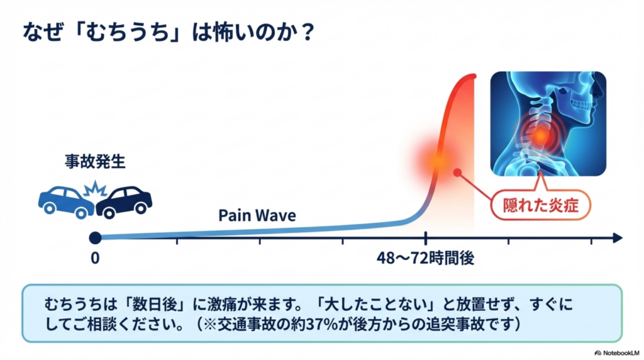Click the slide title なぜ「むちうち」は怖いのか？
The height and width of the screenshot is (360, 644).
point(169,32)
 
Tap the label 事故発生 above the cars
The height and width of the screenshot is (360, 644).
point(95,162)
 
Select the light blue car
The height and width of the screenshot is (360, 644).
point(65,201)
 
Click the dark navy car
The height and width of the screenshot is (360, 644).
point(124,202)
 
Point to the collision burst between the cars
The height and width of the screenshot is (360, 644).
point(95,189)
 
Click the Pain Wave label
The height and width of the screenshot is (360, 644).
point(257,215)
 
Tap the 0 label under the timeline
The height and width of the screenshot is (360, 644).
point(95,258)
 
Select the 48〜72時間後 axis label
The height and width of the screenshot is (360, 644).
point(426,258)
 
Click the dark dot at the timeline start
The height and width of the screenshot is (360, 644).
point(96,237)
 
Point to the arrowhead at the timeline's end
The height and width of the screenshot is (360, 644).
point(618,237)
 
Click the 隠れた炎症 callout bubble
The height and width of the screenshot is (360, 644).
point(540,205)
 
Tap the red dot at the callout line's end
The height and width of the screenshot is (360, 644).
point(458,172)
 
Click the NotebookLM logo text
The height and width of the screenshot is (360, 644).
point(621,353)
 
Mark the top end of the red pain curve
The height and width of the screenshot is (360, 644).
point(474,76)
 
